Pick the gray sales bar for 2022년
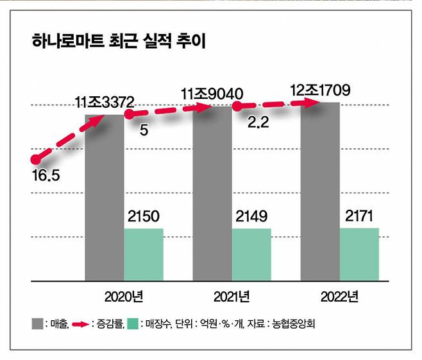320,193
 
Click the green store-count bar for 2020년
144,255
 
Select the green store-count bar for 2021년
251,255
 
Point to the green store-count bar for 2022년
359,255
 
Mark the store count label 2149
251,216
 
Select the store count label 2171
359,216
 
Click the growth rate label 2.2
258,123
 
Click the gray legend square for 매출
35,323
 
